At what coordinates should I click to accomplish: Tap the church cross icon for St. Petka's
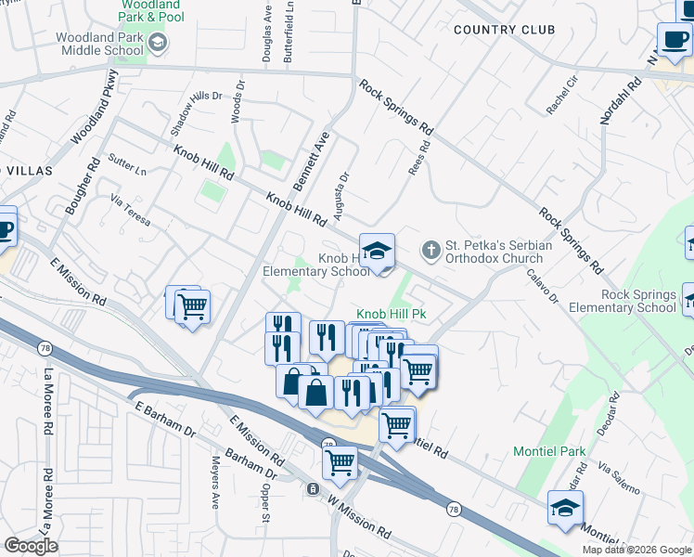pos(431,250)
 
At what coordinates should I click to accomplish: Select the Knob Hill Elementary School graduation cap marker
pos(377,251)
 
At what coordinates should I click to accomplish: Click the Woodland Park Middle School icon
pos(158,42)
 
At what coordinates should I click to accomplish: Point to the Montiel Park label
pos(550,452)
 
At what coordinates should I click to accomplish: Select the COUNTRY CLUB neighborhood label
pos(505,30)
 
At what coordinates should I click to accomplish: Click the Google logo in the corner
pos(31,546)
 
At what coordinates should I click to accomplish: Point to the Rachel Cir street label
pos(562,96)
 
